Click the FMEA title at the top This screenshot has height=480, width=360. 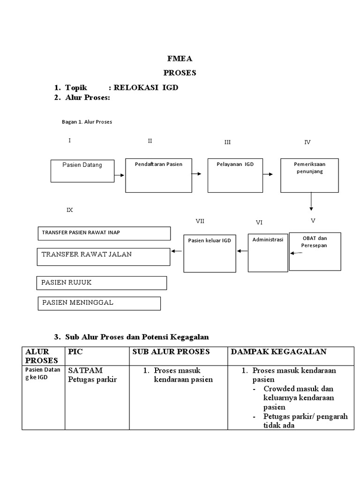click(180, 59)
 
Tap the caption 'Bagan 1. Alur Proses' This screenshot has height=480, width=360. click(87, 122)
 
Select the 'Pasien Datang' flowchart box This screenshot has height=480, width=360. click(82, 171)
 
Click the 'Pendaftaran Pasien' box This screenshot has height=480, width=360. click(158, 175)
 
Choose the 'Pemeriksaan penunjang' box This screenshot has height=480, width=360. click(309, 175)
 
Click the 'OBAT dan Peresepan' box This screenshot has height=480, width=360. click(315, 251)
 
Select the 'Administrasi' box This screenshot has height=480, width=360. click(268, 252)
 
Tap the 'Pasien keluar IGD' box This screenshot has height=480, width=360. click(210, 253)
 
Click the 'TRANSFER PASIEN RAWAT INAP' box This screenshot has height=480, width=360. click(104, 233)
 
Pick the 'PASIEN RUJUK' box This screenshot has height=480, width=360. click(102, 283)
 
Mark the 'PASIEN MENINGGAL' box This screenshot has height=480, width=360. click(99, 303)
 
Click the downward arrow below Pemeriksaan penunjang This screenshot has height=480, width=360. click(311, 202)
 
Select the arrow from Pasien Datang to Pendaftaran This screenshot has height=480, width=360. click(120, 175)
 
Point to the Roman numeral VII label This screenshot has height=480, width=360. click(200, 221)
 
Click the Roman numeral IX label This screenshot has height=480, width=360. click(70, 210)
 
